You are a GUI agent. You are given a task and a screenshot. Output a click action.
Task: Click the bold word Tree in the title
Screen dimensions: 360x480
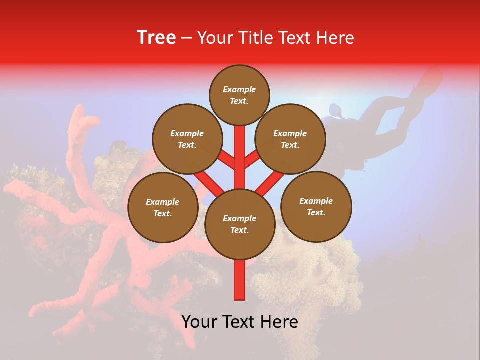coord(156,38)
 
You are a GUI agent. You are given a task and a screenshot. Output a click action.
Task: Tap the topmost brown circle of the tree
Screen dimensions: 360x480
coord(239,95)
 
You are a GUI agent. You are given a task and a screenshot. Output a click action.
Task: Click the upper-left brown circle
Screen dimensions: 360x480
coord(187,139)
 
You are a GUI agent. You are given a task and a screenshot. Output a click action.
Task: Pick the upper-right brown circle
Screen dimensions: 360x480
coord(290,139)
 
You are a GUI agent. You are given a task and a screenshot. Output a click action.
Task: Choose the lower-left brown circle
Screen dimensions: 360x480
coord(163,207)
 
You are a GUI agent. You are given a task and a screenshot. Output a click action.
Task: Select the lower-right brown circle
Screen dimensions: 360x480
coord(316,206)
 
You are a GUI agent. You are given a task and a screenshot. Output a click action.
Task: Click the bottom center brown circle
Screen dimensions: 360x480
coord(240,224)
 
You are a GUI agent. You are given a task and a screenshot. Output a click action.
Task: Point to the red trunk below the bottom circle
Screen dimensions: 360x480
coord(240,280)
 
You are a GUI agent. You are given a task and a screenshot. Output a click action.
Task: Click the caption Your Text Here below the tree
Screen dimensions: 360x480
coord(240,322)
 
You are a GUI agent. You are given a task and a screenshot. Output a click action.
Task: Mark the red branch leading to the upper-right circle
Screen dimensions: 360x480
coord(252,159)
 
